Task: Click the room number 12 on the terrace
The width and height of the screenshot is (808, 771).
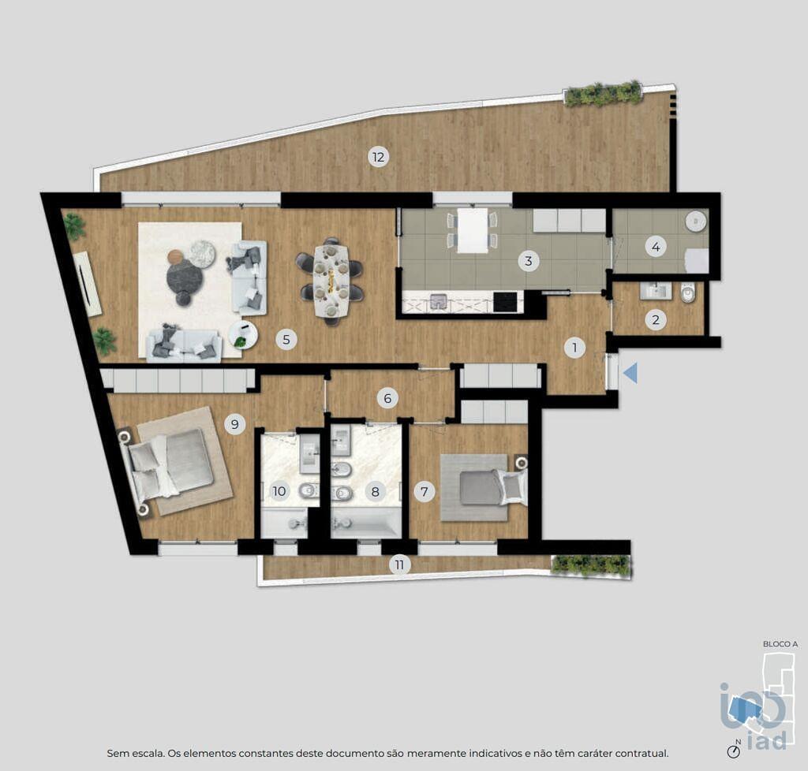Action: click(378, 156)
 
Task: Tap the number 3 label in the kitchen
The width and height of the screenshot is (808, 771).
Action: click(528, 261)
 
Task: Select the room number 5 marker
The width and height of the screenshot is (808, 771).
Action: click(286, 339)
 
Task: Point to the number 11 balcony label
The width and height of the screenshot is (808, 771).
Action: click(399, 564)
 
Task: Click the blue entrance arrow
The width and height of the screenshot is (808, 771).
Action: click(630, 373)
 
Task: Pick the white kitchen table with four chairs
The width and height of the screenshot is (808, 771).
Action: click(473, 230)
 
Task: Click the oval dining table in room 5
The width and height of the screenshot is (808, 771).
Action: click(331, 281)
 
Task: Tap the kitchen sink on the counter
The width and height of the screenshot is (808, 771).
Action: click(438, 301)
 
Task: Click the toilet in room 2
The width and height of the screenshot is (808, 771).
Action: click(687, 294)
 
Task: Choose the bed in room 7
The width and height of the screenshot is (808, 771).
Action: click(492, 486)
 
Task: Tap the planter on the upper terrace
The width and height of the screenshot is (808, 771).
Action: click(603, 94)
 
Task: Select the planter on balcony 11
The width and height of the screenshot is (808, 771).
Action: click(590, 566)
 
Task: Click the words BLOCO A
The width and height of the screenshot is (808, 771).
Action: click(780, 644)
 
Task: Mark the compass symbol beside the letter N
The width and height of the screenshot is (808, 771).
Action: click(733, 751)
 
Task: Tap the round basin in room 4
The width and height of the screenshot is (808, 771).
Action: click(696, 222)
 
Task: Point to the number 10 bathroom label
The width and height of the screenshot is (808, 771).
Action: click(279, 491)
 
